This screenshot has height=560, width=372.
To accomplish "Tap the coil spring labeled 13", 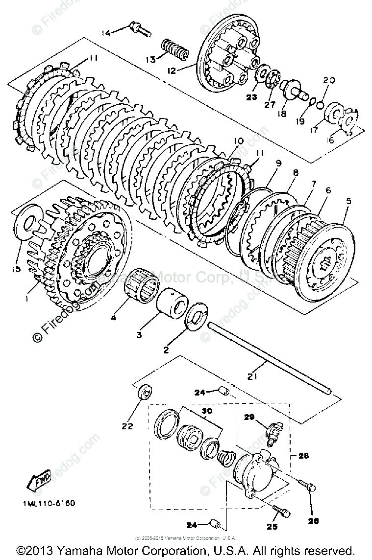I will (175, 49).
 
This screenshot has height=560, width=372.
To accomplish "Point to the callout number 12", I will (172, 70).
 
